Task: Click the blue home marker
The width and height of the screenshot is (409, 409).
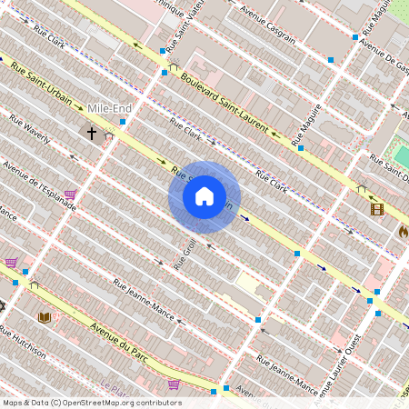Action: (x=204, y=196)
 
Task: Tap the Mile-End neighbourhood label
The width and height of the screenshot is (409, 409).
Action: (x=112, y=108)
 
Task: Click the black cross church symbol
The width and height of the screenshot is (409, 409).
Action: (x=91, y=133)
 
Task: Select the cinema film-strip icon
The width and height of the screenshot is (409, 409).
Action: (x=376, y=209)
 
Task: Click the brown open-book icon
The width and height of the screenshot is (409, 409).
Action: (x=44, y=316)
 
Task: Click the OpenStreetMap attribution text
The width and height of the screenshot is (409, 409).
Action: (x=92, y=403)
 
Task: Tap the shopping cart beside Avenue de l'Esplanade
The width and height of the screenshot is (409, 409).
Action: (x=71, y=195)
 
